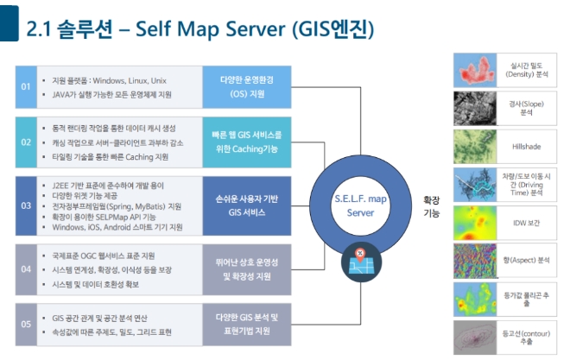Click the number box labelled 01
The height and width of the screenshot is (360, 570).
point(26,86)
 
